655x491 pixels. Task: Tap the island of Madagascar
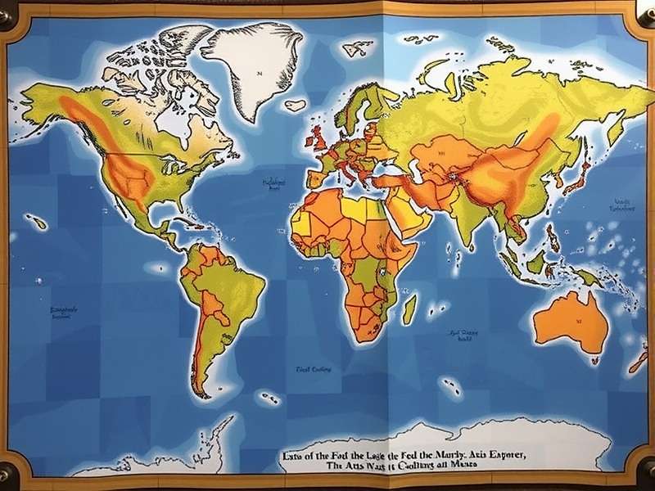(409, 310)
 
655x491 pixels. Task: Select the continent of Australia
(571, 321)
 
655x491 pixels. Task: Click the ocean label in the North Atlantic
(273, 184)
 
